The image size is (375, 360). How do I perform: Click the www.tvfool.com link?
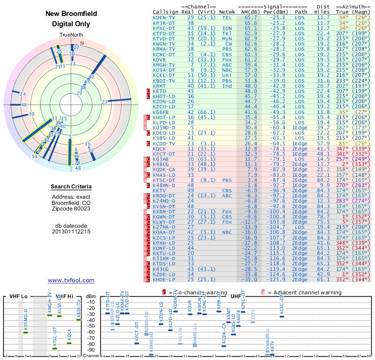tap(71, 280)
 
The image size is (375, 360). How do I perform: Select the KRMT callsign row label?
tap(159, 86)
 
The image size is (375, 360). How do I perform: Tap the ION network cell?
tap(227, 28)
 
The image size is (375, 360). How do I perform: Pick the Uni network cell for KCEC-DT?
tap(227, 75)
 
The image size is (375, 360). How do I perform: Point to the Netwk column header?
tap(227, 11)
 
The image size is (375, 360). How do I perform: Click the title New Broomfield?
tap(71, 14)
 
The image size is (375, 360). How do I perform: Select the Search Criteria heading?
tap(71, 187)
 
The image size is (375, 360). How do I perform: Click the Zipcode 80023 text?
tap(71, 209)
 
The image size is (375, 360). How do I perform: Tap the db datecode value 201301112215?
tap(71, 231)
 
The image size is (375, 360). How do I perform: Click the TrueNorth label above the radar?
tap(71, 36)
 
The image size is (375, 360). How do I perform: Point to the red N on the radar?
tap(82, 44)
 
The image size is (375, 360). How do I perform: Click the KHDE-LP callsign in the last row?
tap(164, 279)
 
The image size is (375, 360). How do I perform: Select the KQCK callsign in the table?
tap(159, 148)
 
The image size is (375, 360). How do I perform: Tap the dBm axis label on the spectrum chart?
tap(91, 296)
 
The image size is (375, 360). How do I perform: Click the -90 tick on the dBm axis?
tap(91, 350)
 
